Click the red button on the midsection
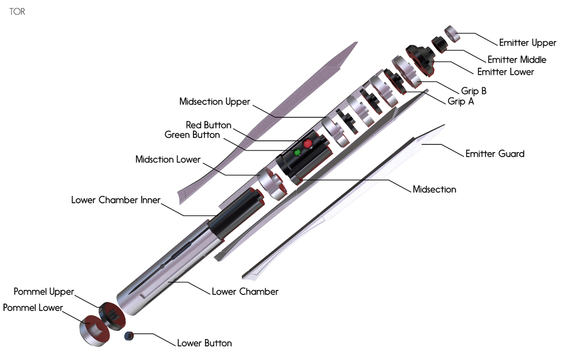coord(307,144)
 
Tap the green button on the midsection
coord(297,153)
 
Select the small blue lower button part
coord(129,336)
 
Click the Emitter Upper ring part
coord(452,34)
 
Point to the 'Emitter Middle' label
coord(517,59)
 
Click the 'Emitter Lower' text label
coord(506,72)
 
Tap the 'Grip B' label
coord(474,91)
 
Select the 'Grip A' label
coord(461,101)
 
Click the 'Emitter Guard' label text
coord(495,154)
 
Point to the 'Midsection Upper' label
coord(215,101)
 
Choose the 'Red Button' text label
coord(208,125)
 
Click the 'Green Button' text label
coord(192,134)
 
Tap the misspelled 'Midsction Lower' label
coord(168,159)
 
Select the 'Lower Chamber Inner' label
coord(116,200)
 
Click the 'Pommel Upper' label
coord(44,292)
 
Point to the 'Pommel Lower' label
coord(32,308)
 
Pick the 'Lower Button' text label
coord(204,343)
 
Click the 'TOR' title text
coord(17,11)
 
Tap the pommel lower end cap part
coord(95,330)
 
